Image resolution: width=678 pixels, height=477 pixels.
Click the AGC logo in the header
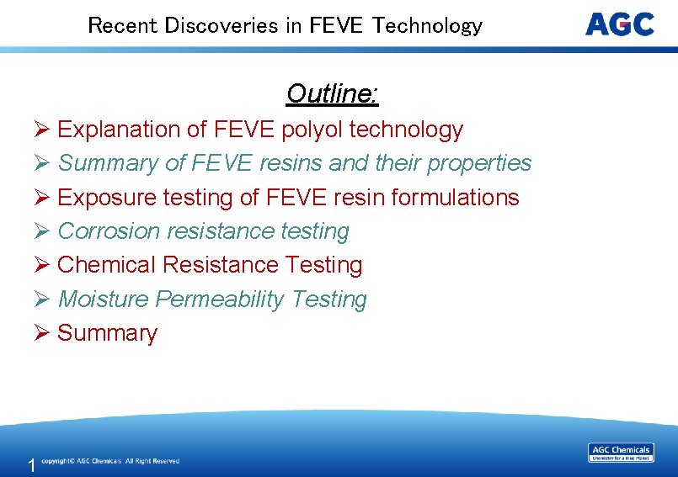point(619,24)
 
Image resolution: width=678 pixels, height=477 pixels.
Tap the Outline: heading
point(333,93)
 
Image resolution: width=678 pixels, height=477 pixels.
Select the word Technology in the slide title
point(428,25)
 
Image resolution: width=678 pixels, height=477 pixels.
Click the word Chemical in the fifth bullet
point(107,265)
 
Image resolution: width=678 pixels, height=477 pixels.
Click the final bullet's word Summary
point(107,333)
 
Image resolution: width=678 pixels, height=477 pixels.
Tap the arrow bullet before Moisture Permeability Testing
point(43,299)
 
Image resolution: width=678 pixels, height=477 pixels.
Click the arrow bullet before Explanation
point(43,130)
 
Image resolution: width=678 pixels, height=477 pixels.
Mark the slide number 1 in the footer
point(31,465)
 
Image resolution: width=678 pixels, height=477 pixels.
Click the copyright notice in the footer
point(110,461)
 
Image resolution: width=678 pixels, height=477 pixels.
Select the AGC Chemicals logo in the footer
point(621,453)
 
